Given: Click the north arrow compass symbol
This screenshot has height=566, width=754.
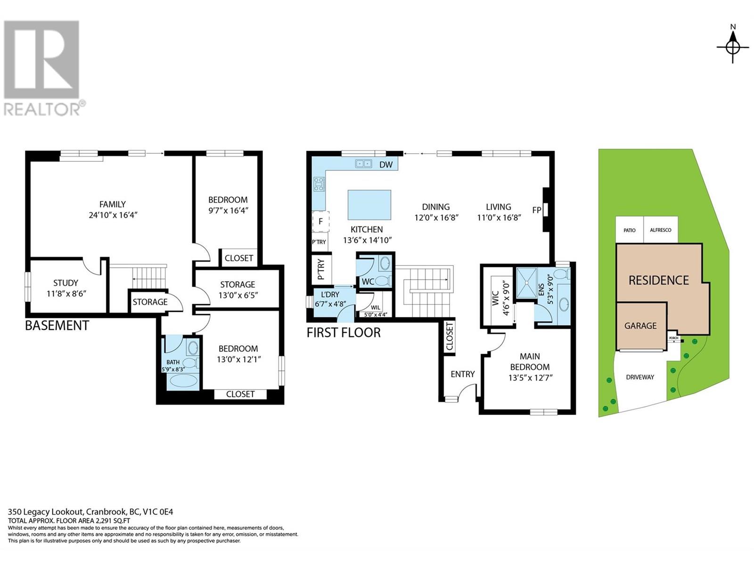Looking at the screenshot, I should (732, 47).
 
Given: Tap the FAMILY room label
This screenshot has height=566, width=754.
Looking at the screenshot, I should (112, 204).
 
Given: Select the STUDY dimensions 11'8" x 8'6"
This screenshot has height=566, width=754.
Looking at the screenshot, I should (66, 293).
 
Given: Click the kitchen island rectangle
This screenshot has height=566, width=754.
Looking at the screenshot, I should (369, 205).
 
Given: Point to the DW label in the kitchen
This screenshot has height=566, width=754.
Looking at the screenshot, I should (386, 165).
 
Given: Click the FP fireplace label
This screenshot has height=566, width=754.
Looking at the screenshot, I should (536, 210).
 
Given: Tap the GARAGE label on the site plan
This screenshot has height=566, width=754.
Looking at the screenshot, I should (640, 325).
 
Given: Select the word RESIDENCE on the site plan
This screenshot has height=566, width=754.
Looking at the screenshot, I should (658, 280).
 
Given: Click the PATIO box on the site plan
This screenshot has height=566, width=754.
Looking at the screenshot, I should (630, 230).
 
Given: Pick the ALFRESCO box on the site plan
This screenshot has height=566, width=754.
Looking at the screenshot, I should (661, 230).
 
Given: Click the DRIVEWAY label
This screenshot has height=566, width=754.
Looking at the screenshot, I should (640, 377).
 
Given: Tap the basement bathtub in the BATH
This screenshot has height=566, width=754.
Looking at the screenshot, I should (183, 380).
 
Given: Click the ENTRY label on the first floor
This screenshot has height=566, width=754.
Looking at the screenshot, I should (462, 374).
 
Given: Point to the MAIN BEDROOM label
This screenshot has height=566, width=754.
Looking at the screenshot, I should (530, 362).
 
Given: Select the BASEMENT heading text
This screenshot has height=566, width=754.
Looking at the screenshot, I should (57, 325).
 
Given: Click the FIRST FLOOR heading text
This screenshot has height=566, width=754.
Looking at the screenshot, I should (344, 333).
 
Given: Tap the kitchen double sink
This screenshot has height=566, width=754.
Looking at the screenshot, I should (363, 164).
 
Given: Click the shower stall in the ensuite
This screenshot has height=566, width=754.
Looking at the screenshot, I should (525, 283).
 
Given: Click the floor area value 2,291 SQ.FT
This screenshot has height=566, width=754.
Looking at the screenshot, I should (108, 521).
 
